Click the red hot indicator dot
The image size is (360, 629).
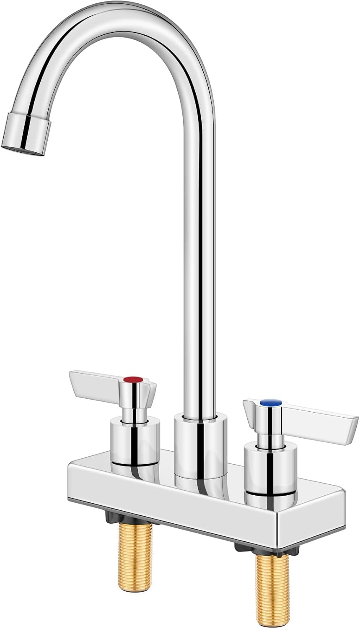[134, 380]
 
